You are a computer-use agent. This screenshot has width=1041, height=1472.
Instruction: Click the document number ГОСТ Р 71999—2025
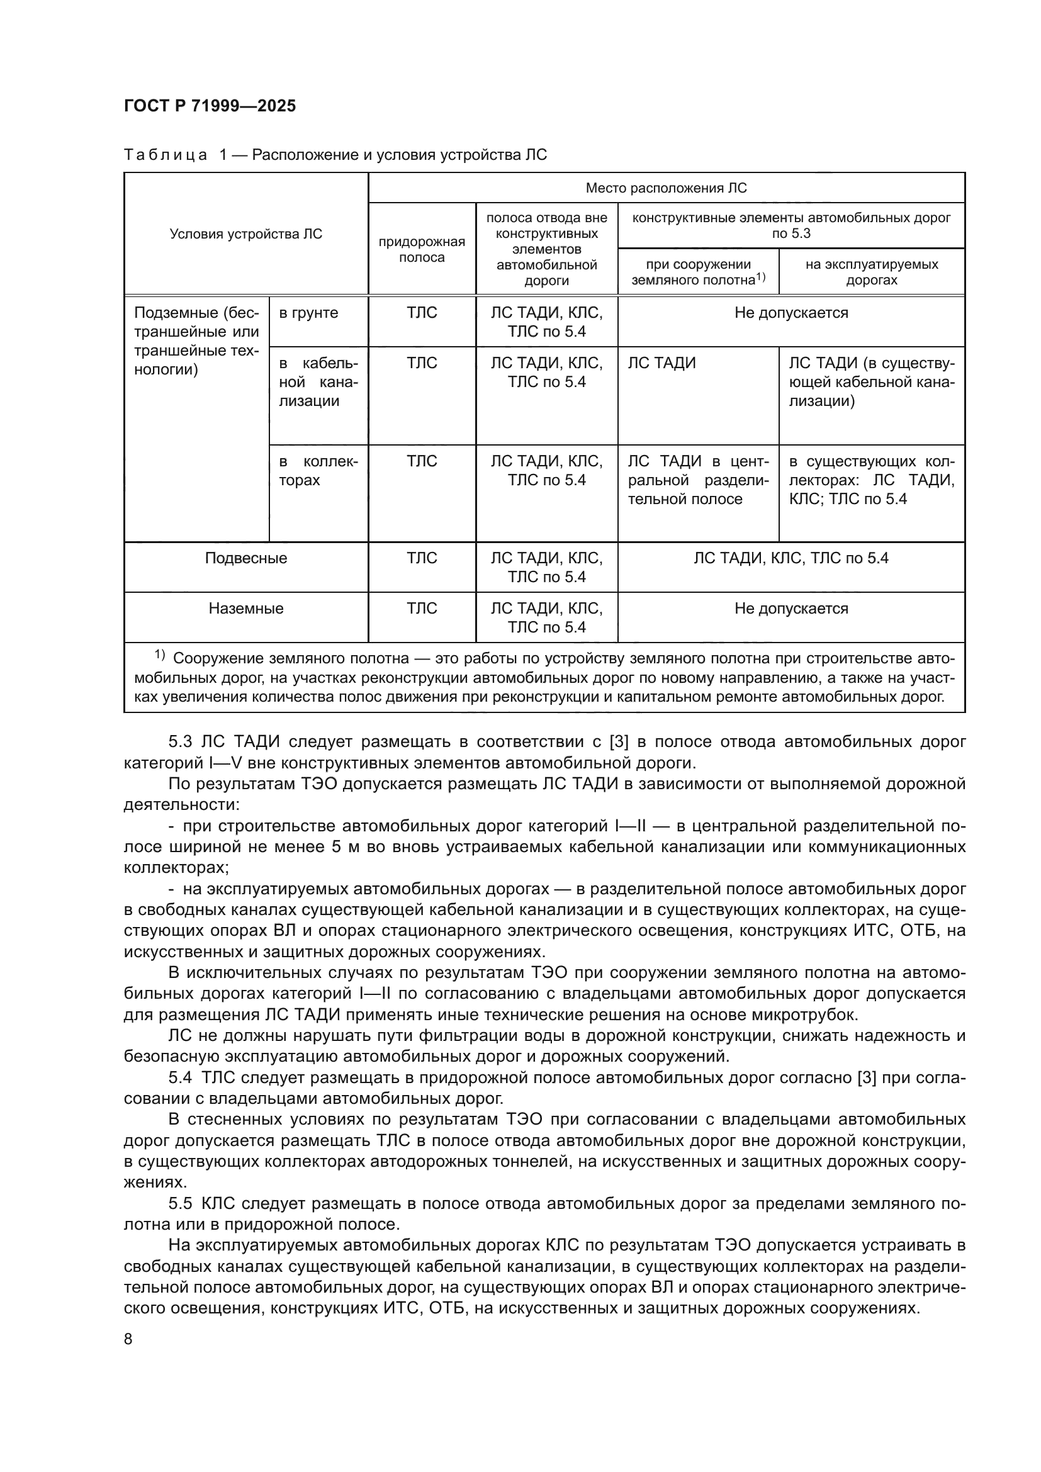point(210,106)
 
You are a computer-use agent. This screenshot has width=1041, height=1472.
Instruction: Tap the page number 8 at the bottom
point(128,1339)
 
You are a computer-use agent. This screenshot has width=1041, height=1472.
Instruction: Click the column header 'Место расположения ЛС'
point(666,188)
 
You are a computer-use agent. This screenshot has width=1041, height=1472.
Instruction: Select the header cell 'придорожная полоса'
point(421,249)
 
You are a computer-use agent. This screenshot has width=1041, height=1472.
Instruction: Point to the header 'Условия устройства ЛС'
point(245,234)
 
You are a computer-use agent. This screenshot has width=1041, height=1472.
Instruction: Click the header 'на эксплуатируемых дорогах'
point(871,272)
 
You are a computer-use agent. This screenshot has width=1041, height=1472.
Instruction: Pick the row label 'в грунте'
point(308,313)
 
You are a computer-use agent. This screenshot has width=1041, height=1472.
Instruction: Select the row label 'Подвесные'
point(245,558)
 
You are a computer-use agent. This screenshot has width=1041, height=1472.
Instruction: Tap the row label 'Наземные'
point(245,609)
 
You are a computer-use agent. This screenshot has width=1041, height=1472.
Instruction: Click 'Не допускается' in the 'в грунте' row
point(791,313)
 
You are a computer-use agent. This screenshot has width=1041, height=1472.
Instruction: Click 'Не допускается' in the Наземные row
point(791,609)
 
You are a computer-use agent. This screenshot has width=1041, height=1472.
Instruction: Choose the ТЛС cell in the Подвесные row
point(421,558)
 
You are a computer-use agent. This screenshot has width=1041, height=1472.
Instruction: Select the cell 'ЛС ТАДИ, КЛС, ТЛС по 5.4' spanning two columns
point(791,558)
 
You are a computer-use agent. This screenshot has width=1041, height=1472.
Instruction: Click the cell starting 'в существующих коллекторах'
point(871,480)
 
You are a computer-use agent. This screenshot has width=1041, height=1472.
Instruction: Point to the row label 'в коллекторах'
point(318,471)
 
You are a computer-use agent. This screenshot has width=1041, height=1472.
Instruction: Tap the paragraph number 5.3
point(181,742)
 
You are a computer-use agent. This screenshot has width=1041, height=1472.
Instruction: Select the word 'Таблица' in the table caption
point(166,155)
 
